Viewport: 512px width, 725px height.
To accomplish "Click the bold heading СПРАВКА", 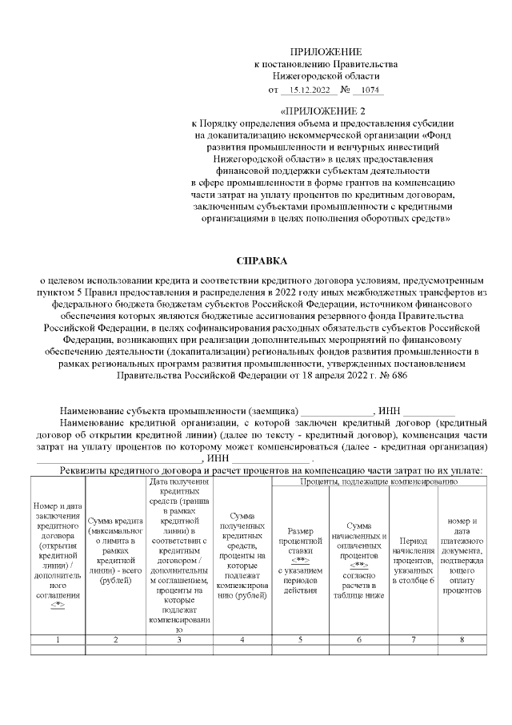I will tap(261, 261).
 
